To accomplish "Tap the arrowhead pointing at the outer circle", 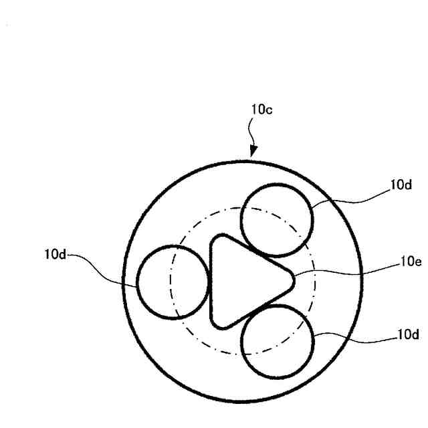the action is coord(253,152).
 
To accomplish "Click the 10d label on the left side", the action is coord(56,255).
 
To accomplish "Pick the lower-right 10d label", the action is coord(408,334).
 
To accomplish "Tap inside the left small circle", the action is coord(173,282).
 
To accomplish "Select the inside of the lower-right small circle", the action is coord(278,341).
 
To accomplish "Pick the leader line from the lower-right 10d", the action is coord(354,339).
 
